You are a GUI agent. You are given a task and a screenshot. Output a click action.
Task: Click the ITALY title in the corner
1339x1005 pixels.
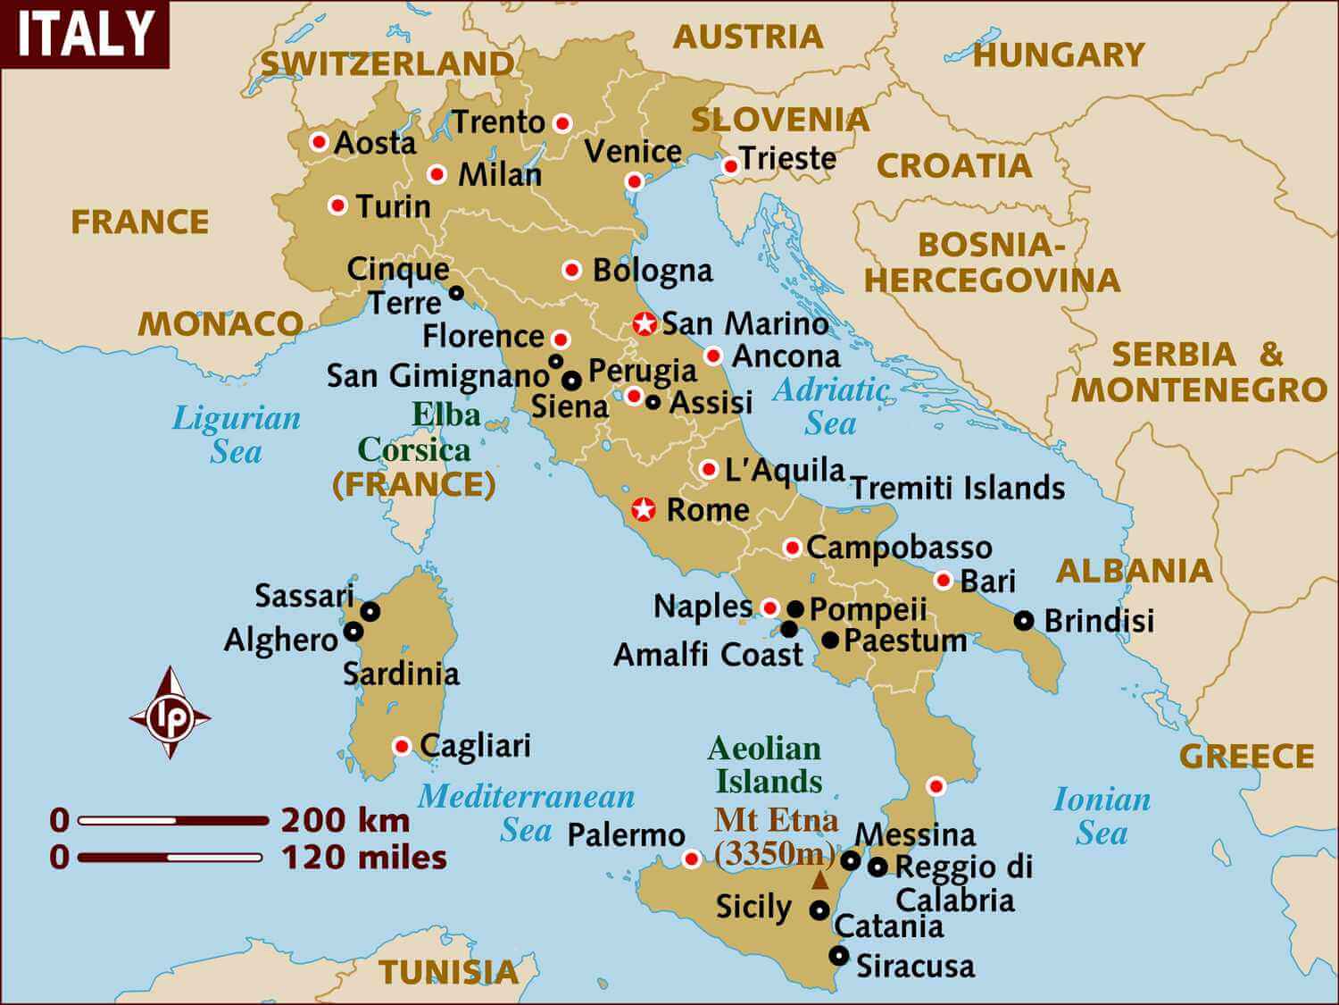85,34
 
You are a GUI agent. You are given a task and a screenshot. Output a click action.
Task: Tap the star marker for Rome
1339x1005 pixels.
644,510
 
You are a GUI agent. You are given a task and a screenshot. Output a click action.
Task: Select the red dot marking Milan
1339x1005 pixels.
437,174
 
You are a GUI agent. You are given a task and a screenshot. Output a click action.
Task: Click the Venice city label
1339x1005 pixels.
633,151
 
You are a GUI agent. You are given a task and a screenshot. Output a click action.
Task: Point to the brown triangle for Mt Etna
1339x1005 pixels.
819,881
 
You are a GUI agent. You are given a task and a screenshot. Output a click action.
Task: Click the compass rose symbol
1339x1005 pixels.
170,714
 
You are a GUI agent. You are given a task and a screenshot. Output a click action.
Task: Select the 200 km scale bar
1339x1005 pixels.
172,820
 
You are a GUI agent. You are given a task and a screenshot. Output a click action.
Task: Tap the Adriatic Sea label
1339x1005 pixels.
831,406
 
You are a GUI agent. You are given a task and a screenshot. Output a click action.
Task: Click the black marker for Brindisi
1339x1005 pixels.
1024,620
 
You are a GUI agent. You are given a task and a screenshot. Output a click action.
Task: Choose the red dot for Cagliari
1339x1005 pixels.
402,746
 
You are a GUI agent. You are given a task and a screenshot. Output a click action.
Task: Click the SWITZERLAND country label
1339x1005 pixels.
387,63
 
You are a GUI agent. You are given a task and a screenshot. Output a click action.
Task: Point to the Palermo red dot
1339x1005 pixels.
690,859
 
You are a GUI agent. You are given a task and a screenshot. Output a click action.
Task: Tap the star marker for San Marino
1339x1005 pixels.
644,324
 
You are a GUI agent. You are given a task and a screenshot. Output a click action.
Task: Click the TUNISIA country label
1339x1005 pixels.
448,972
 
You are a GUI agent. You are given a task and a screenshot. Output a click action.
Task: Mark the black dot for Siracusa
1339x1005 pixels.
838,955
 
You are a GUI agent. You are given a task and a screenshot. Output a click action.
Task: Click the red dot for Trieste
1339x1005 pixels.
730,165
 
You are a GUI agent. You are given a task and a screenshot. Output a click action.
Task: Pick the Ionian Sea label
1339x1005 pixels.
1102,816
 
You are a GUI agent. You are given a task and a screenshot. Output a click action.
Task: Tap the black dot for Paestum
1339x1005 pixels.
830,640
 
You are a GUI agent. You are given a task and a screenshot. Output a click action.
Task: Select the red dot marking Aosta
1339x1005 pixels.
319,141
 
